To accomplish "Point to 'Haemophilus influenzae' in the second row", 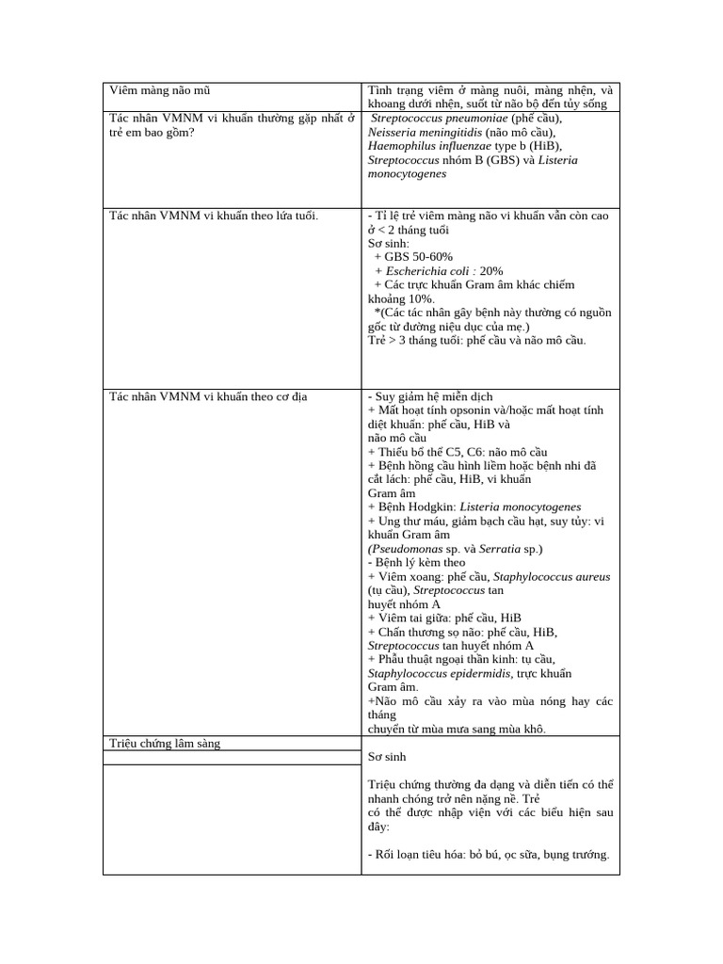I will tap(429, 146).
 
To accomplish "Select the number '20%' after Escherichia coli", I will tap(491, 270).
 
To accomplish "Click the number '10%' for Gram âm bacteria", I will tap(422, 298).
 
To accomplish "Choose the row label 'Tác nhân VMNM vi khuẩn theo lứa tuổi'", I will tap(214, 216).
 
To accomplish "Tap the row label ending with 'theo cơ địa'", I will tap(208, 396).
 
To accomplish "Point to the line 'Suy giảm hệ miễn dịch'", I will tap(433, 396).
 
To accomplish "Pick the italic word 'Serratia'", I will tap(500, 548).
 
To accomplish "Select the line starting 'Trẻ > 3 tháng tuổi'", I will tap(476, 340).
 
